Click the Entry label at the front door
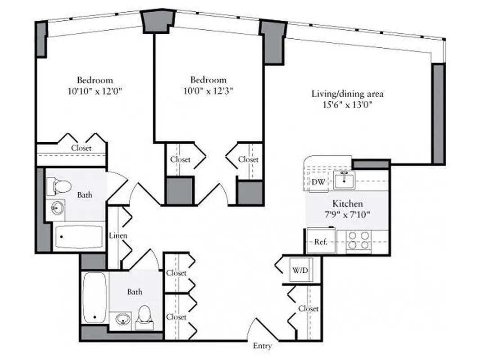[262, 346]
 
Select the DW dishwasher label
[318, 182]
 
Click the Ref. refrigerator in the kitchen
[320, 242]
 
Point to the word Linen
[118, 235]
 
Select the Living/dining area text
[347, 94]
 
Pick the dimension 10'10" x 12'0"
[94, 91]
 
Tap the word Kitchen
[347, 204]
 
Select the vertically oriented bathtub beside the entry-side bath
[94, 297]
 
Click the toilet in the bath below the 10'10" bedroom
[61, 185]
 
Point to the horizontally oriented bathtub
[78, 237]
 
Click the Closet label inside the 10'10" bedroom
[81, 148]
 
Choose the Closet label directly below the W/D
[309, 309]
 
